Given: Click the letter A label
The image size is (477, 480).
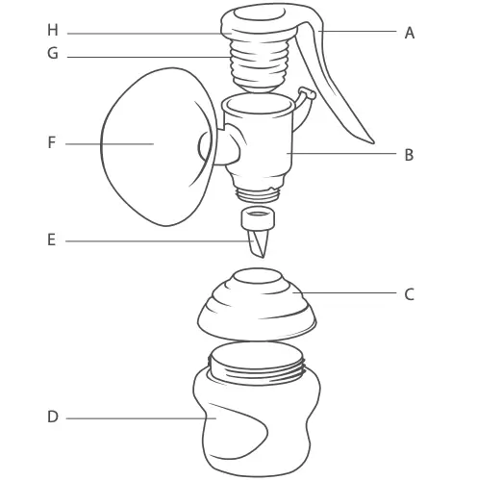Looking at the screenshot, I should point(409,33).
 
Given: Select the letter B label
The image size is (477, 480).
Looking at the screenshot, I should point(409,154).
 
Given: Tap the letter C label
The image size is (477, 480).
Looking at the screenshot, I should point(409,294).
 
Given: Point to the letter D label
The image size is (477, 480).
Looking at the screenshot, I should point(52,417).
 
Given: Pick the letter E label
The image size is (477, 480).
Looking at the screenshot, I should point(52,240).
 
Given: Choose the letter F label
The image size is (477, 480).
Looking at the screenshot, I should point(52,143).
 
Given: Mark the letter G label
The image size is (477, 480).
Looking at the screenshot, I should point(52,55).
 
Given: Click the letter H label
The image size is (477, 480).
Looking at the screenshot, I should point(52,31).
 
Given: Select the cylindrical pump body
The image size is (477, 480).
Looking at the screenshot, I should point(260,144).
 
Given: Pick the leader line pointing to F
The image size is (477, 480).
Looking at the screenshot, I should point(106,143).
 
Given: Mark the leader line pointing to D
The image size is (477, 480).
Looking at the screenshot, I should point(135,417).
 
